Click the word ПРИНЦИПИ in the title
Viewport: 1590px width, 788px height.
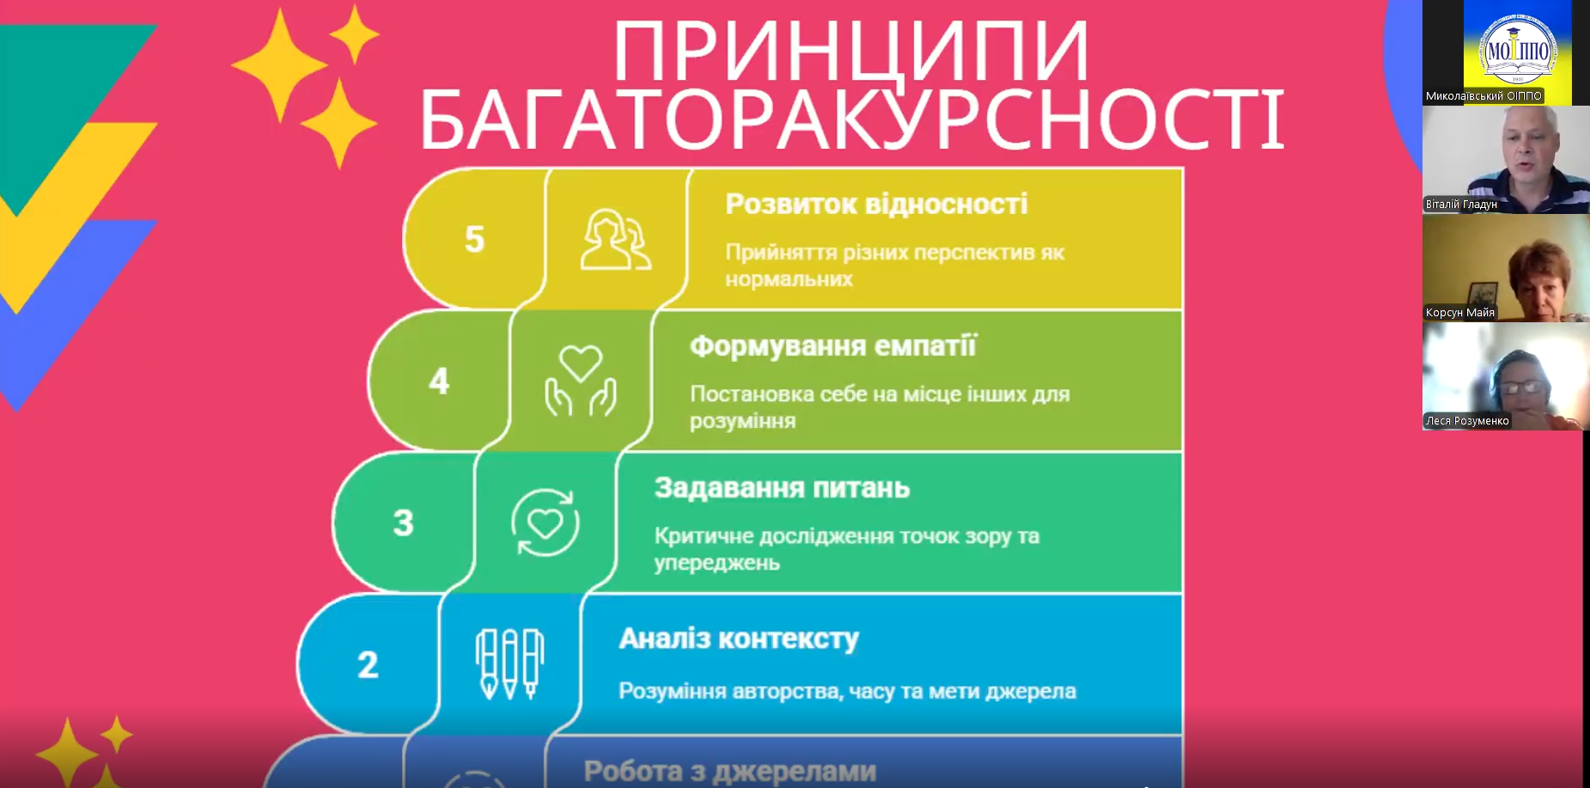[x=851, y=51]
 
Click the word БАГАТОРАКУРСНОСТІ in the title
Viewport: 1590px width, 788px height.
[x=852, y=119]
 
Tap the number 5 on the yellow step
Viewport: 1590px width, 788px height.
[x=474, y=239]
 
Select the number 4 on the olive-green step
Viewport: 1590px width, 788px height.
[x=439, y=381]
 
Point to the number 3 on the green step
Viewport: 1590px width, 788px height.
[x=404, y=522]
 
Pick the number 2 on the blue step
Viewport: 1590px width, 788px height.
[x=368, y=664]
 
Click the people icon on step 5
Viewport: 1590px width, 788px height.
[x=616, y=240]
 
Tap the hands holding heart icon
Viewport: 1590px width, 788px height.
[x=581, y=381]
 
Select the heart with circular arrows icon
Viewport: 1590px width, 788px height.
[x=545, y=522]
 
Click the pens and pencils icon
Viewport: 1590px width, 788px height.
[x=509, y=664]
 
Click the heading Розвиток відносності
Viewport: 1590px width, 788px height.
[x=876, y=205]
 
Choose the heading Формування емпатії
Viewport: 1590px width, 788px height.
[x=833, y=346]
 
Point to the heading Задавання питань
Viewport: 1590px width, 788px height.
[x=782, y=488]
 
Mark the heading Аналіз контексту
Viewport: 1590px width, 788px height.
[x=739, y=639]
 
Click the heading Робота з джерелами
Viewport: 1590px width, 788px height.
[x=730, y=772]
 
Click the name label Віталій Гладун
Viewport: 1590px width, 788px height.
[x=1461, y=205]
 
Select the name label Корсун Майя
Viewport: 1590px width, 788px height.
[x=1460, y=313]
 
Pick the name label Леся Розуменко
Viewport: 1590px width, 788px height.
[x=1467, y=421]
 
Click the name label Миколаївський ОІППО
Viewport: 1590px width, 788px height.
[x=1483, y=96]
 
